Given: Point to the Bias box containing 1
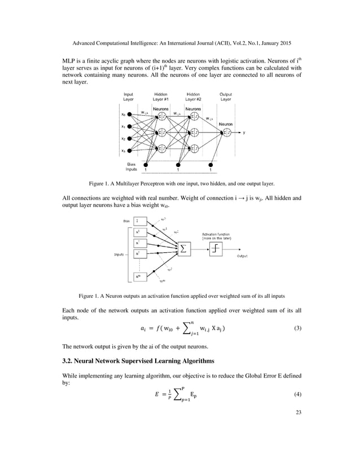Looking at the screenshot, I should (x=138, y=221).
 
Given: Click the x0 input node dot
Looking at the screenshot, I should (x=130, y=115).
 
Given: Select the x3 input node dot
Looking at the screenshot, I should (x=130, y=151).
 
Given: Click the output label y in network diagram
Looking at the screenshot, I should (x=244, y=133).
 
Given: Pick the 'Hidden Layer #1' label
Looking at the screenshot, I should (x=161, y=96).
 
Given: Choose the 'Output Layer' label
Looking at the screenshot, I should (x=226, y=96).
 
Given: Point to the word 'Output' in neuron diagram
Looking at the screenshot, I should (x=242, y=256).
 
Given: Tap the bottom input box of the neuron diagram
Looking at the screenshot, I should (x=138, y=276).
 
